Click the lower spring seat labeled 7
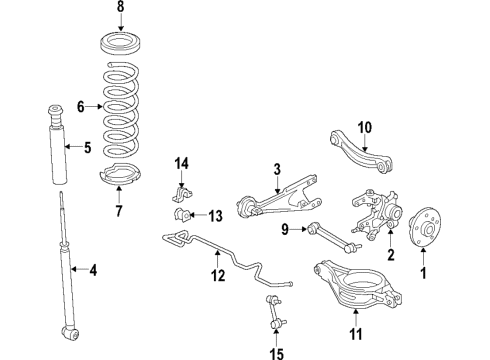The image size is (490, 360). [x=121, y=178]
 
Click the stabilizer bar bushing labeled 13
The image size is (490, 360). [x=182, y=216]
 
